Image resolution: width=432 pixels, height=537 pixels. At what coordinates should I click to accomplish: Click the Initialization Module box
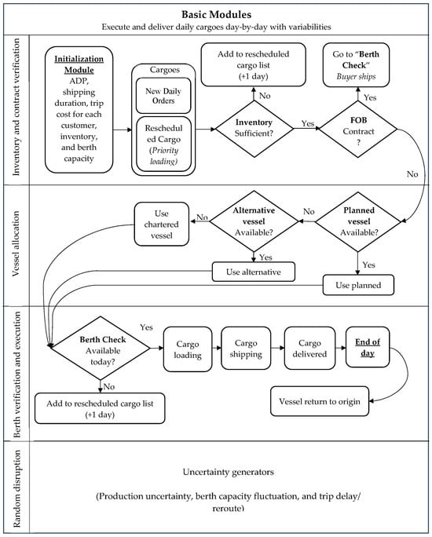tap(79, 110)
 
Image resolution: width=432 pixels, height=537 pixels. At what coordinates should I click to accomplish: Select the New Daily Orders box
tap(163, 96)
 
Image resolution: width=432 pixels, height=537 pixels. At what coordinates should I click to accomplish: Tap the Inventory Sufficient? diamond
tap(254, 129)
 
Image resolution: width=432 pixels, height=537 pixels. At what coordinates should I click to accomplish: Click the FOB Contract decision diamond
tap(358, 129)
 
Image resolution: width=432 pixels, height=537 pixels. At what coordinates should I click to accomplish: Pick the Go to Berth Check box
tap(356, 64)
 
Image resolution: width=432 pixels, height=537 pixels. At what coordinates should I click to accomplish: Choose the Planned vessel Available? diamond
tap(358, 221)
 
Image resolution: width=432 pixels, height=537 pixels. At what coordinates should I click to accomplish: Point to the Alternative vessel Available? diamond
tap(254, 221)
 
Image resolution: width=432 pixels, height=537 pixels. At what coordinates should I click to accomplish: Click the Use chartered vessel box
tap(161, 224)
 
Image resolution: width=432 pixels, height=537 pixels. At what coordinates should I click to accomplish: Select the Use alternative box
tap(254, 272)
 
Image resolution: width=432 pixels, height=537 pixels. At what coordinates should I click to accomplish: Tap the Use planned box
tap(358, 285)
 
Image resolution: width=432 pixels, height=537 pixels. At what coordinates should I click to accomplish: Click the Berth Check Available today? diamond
tap(101, 349)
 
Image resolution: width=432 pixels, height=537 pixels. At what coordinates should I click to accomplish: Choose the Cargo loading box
tap(188, 349)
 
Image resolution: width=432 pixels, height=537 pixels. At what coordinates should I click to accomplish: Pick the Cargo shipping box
tap(246, 349)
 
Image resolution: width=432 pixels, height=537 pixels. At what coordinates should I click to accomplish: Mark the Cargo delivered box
tap(309, 349)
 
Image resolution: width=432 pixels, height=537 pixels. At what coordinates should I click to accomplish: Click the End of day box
tap(368, 347)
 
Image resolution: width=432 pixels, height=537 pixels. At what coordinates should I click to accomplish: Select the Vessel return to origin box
tap(320, 401)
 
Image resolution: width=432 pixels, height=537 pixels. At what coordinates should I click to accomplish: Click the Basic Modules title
tap(216, 14)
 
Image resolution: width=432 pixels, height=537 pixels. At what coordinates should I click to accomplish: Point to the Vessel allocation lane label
tap(16, 244)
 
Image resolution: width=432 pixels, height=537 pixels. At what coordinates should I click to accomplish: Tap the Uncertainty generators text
tap(228, 472)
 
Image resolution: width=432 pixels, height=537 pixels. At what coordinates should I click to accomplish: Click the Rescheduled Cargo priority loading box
tap(163, 144)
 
